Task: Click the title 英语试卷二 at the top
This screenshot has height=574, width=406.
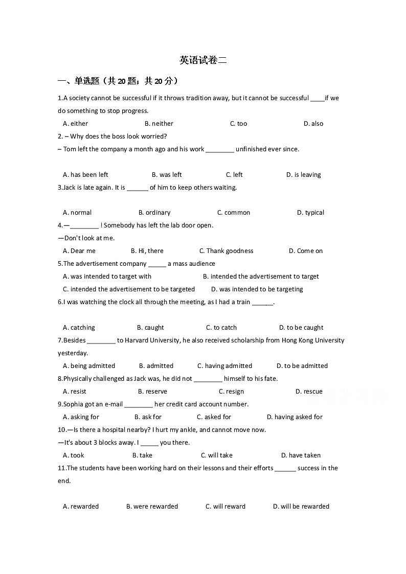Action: coord(202,60)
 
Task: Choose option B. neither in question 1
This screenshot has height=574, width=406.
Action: coord(159,124)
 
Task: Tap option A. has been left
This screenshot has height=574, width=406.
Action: coord(85,175)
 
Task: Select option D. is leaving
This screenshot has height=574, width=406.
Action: coord(303,175)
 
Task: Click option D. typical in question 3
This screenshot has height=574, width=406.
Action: coord(310,213)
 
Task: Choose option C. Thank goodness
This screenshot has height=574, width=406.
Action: coord(226,251)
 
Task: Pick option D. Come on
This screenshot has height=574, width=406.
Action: coord(306,251)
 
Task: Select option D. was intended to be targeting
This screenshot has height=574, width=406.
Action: coord(257,289)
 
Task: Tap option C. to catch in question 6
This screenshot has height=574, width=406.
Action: coord(221,328)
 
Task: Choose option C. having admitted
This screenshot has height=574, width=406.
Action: coord(224,366)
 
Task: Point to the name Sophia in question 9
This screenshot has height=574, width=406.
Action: coord(73,404)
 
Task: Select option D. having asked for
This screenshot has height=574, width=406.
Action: coord(295,417)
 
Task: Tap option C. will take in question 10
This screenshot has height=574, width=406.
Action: coord(216,455)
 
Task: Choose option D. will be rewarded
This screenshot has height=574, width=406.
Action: coord(301,507)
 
